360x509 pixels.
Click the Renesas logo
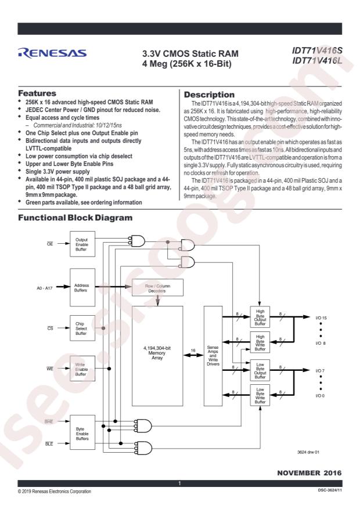(52, 53)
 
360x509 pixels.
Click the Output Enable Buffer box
(82, 244)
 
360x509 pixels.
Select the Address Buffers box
(82, 287)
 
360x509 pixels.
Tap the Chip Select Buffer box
(82, 328)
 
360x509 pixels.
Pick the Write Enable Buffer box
(82, 369)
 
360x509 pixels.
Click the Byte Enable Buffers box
(82, 432)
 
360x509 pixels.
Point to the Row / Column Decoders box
(157, 288)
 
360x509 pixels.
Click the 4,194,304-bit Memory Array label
(157, 353)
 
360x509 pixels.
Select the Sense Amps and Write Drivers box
(213, 356)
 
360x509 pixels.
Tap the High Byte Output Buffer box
(260, 317)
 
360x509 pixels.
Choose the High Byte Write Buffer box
(260, 342)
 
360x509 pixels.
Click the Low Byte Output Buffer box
(260, 370)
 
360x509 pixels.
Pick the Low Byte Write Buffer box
(260, 395)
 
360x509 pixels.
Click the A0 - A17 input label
(45, 288)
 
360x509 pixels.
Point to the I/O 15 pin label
(321, 318)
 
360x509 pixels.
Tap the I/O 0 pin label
(320, 396)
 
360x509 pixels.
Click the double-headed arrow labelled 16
(193, 355)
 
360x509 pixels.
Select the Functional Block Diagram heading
(75, 218)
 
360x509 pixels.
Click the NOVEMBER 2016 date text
(309, 473)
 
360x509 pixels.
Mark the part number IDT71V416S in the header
(317, 50)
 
